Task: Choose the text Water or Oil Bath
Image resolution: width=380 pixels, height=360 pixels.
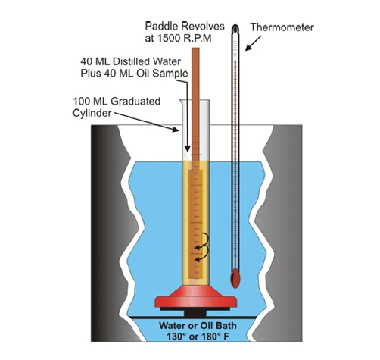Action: click(198, 326)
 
